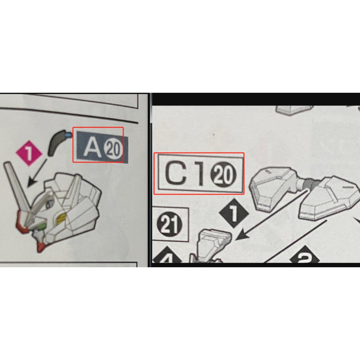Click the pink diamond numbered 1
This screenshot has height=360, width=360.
[29, 153]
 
